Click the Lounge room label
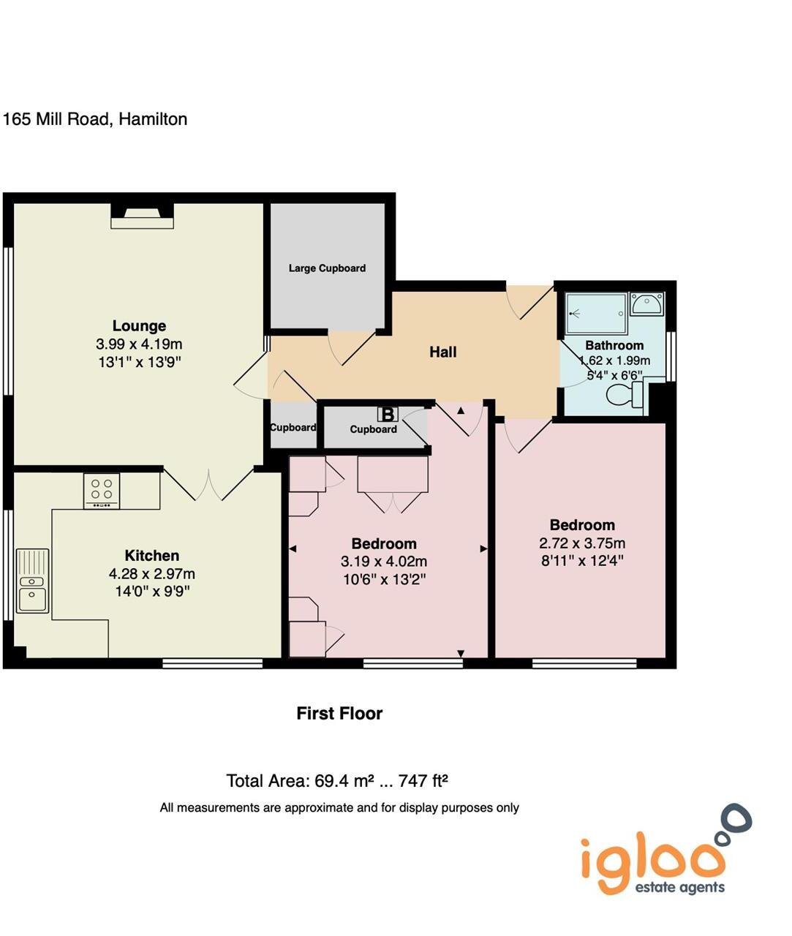139,326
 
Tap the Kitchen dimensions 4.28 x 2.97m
152,574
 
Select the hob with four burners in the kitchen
102,491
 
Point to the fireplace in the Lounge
142,216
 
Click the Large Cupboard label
327,268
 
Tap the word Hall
442,352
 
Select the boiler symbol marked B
387,415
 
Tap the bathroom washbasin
646,303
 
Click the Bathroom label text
614,345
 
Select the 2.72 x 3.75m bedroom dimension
582,543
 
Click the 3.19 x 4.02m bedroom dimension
384,562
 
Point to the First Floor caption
339,714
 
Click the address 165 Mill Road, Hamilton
95,119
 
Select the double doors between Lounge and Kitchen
208,485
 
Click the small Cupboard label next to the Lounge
293,428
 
